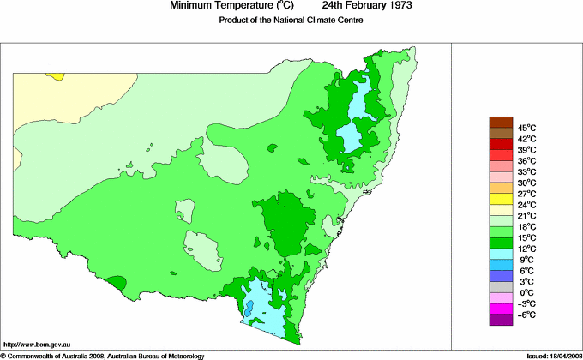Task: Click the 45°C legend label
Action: [526, 127]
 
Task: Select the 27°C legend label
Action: [526, 194]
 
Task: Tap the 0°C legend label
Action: [526, 293]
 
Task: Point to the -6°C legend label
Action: [526, 315]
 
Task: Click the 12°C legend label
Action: [526, 249]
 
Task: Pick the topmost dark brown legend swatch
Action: [501, 122]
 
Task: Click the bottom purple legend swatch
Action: [501, 321]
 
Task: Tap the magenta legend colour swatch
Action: [501, 309]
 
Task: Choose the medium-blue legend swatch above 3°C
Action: [501, 276]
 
